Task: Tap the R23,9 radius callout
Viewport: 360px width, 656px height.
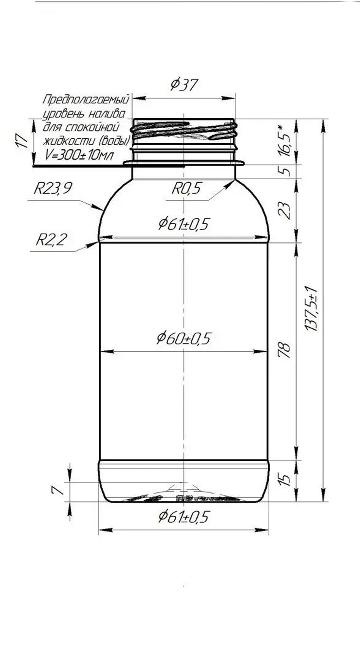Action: (52, 189)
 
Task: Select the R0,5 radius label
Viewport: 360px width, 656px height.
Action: (186, 189)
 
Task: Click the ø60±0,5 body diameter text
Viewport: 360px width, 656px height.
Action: (184, 338)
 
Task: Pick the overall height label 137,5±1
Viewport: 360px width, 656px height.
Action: (311, 308)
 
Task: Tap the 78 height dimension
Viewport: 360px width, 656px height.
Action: (285, 350)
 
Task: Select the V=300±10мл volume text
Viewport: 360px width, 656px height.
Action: (79, 155)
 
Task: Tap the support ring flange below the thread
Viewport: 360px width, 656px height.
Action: (184, 162)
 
